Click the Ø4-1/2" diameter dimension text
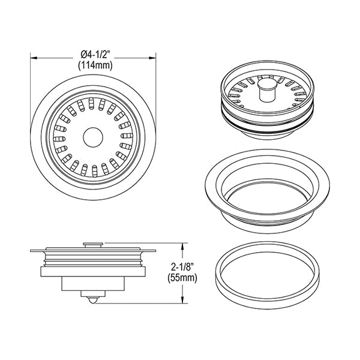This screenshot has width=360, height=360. pyautogui.click(x=95, y=55)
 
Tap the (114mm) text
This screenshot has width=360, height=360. pyautogui.click(x=95, y=65)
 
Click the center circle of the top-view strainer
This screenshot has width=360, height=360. pyautogui.click(x=93, y=137)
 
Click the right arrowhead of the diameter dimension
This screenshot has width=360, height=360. pyautogui.click(x=152, y=58)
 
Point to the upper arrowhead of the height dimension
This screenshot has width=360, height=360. pyautogui.click(x=182, y=247)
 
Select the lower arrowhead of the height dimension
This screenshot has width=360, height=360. pyautogui.click(x=182, y=299)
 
